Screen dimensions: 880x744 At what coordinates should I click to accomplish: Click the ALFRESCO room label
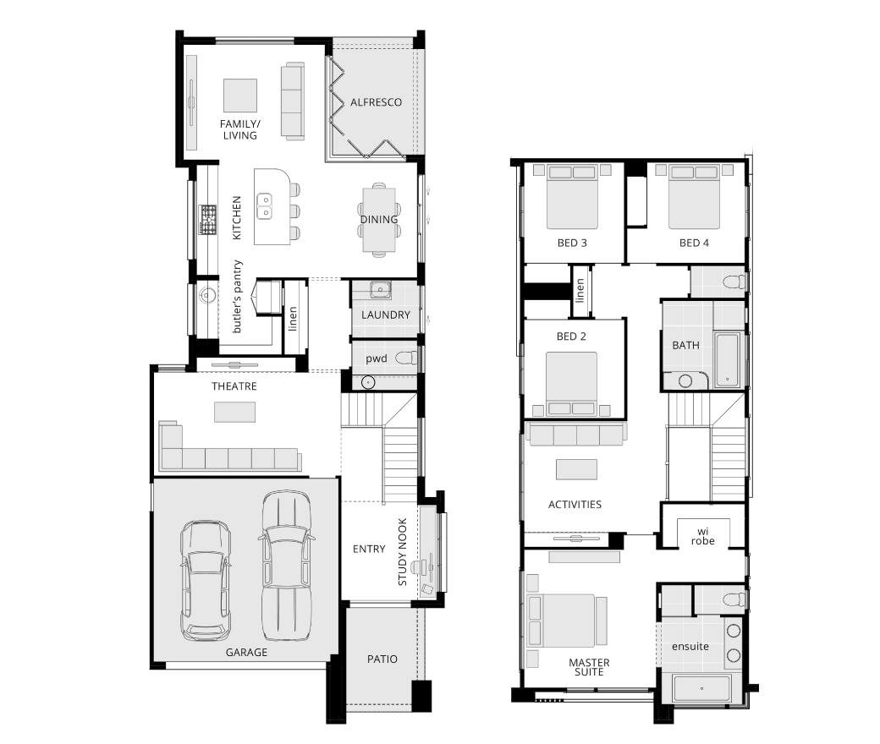pyautogui.click(x=376, y=102)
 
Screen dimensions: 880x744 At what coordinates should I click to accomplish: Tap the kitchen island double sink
pyautogui.click(x=264, y=205)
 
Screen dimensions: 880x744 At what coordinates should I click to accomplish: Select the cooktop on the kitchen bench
pyautogui.click(x=207, y=220)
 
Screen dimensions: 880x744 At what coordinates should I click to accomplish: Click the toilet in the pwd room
pyautogui.click(x=406, y=358)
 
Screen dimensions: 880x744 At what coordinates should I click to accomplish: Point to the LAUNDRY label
pyautogui.click(x=386, y=315)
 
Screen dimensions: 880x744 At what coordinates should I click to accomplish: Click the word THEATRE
pyautogui.click(x=234, y=386)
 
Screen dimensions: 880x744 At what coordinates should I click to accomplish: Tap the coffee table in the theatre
pyautogui.click(x=234, y=412)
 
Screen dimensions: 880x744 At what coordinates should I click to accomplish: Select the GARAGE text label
pyautogui.click(x=246, y=652)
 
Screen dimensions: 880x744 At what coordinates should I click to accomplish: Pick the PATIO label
pyautogui.click(x=382, y=659)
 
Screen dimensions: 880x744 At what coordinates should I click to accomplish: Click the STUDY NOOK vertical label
pyautogui.click(x=403, y=552)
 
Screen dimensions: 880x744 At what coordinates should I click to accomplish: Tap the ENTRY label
pyautogui.click(x=369, y=549)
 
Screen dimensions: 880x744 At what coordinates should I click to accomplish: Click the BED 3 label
pyautogui.click(x=572, y=243)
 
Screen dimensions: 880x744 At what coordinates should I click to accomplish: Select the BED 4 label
pyautogui.click(x=694, y=243)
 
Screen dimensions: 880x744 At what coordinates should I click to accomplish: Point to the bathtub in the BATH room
pyautogui.click(x=728, y=359)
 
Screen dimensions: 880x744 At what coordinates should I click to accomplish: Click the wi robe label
pyautogui.click(x=702, y=536)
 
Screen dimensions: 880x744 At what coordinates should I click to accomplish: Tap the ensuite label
pyautogui.click(x=690, y=647)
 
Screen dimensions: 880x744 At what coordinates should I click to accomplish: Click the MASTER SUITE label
pyautogui.click(x=589, y=667)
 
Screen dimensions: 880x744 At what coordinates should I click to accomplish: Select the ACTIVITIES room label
pyautogui.click(x=575, y=505)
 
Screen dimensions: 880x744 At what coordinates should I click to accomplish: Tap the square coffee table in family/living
pyautogui.click(x=240, y=96)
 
